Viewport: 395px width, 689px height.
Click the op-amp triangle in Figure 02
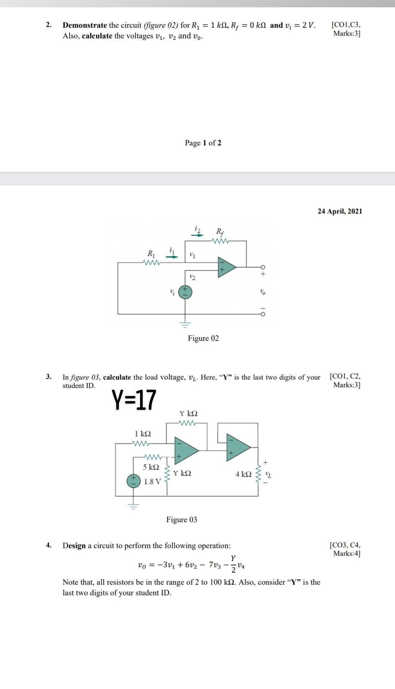[x=226, y=267]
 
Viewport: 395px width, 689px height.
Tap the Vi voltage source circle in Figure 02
[x=185, y=292]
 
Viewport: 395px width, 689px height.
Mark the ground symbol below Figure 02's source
[x=185, y=324]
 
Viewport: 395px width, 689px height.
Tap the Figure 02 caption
[x=203, y=338]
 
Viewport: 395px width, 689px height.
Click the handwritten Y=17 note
[x=134, y=400]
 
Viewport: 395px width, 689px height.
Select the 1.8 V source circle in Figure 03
[x=133, y=481]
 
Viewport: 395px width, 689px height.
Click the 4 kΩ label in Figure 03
[x=244, y=474]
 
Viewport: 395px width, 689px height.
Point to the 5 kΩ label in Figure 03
[x=151, y=467]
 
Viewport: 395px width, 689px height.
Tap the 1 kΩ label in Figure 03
[x=143, y=434]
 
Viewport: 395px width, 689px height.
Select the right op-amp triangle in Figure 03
[x=238, y=446]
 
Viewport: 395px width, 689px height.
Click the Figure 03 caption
[x=182, y=519]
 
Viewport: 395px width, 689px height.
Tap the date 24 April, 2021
[x=340, y=211]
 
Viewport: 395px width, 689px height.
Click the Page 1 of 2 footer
[x=203, y=143]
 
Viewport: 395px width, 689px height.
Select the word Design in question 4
[x=74, y=546]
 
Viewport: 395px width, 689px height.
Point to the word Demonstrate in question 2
[x=85, y=25]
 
